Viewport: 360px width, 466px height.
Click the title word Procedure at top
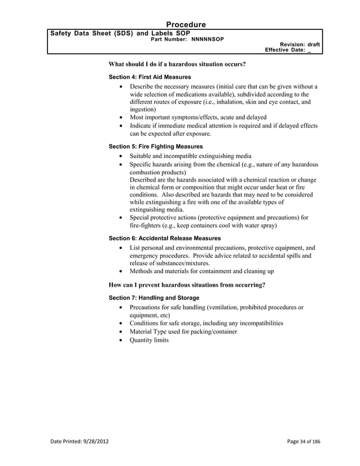(x=186, y=24)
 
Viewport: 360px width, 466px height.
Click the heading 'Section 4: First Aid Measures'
(x=149, y=76)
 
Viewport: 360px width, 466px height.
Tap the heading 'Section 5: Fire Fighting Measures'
(x=155, y=146)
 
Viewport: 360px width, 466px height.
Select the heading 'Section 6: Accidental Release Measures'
(x=164, y=238)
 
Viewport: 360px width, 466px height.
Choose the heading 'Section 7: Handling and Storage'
(x=153, y=297)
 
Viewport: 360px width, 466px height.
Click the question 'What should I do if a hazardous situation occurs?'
(x=177, y=65)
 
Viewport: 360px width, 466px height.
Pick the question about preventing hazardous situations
(x=186, y=285)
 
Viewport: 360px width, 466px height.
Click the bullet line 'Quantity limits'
(x=149, y=340)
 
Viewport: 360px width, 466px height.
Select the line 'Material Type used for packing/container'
(x=183, y=332)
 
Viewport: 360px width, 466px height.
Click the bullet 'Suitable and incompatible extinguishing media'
(x=190, y=156)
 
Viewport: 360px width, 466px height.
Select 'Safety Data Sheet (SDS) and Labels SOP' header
(x=116, y=34)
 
